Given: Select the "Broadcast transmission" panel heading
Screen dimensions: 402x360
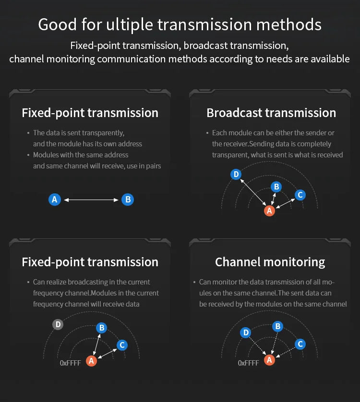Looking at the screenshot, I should tap(271, 113).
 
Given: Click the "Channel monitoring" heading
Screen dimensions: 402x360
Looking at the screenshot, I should tap(270, 262).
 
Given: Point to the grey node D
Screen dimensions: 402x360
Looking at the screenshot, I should tap(58, 325).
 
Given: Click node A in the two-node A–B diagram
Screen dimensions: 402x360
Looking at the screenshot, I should tap(55, 200).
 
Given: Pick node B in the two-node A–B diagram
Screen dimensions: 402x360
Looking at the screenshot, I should tap(127, 200).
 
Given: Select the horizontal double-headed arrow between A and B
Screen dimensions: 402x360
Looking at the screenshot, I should tap(91, 200).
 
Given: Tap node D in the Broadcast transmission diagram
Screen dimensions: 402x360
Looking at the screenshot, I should tap(236, 174).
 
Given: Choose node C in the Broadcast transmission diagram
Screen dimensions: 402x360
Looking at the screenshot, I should tap(300, 195).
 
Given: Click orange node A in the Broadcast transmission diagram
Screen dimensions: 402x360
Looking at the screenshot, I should tap(269, 211).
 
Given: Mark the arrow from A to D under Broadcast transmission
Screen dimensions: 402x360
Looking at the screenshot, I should tap(252, 192).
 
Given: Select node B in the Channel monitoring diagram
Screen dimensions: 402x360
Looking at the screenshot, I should tap(277, 327).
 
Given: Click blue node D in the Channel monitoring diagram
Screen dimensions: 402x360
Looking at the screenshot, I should tap(246, 332).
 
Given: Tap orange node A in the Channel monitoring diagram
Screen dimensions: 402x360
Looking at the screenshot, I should tap(269, 360).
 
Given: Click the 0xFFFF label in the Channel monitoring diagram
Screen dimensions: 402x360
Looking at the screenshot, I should tap(248, 363).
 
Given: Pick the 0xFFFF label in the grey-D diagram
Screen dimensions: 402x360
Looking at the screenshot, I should tap(70, 363).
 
